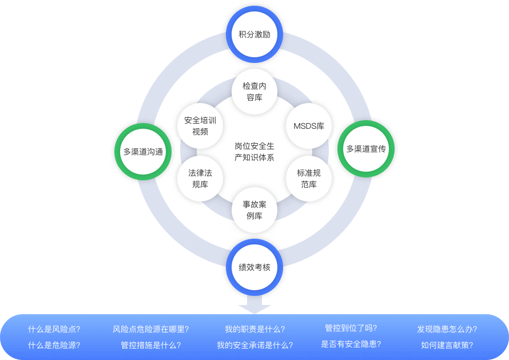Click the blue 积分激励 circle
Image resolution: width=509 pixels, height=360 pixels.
tap(254, 34)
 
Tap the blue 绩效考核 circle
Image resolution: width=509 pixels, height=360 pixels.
tap(254, 267)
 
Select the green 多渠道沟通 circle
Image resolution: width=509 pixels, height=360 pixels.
tap(143, 152)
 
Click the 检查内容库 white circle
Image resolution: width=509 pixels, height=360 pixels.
tap(254, 92)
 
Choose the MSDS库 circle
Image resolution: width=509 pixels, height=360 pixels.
tap(309, 126)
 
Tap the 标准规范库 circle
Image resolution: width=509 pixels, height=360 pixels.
tap(309, 178)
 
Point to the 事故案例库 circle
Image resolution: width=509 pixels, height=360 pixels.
tap(254, 209)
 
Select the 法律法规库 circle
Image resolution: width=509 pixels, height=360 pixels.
tap(200, 178)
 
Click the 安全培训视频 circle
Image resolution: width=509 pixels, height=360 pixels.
tap(200, 126)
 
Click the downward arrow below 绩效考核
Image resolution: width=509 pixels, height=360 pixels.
tap(254, 303)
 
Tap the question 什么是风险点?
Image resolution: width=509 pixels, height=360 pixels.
tap(54, 329)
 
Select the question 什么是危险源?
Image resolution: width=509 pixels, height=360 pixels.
tap(54, 345)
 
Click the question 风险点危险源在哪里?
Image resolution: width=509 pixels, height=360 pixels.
tap(151, 329)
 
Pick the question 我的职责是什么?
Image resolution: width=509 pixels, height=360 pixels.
tap(254, 329)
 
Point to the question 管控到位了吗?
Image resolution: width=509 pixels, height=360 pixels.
tap(351, 328)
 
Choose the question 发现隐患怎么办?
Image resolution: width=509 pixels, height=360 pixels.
tap(447, 329)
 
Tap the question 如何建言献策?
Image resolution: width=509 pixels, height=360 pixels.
tap(447, 345)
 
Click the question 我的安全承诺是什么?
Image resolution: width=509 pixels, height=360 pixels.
tap(254, 345)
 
